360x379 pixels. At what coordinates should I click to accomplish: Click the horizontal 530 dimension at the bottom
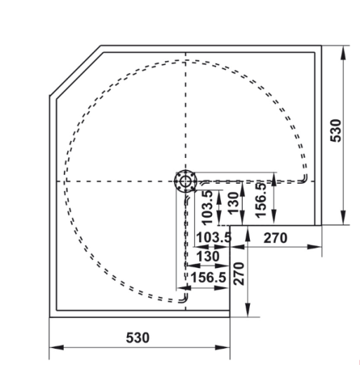click(x=138, y=338)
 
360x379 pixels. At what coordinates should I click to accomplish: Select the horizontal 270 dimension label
click(x=275, y=238)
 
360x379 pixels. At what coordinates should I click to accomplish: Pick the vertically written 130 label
click(x=232, y=201)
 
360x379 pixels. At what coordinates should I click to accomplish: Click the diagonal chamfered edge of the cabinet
click(x=75, y=71)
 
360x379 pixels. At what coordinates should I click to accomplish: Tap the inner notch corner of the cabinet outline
click(x=232, y=226)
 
